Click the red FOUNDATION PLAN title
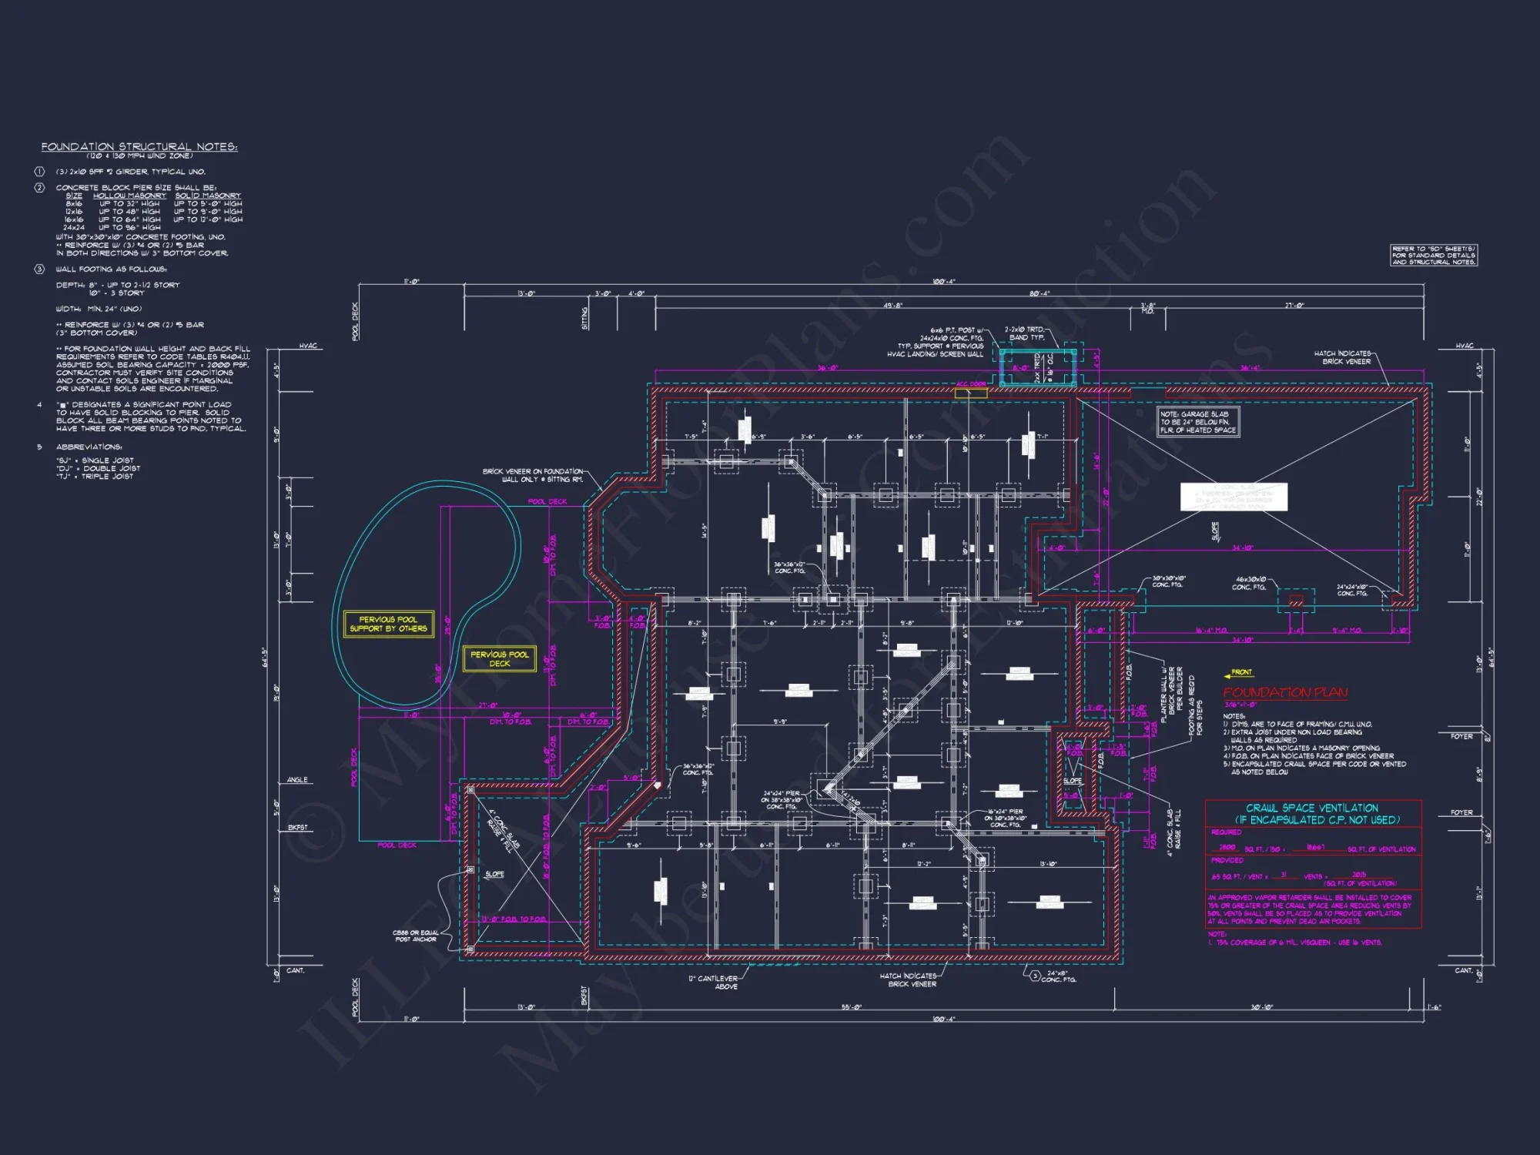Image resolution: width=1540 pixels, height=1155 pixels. (1285, 692)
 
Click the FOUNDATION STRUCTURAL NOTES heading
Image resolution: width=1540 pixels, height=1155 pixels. (139, 146)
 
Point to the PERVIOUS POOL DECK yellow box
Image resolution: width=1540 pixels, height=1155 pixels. (499, 659)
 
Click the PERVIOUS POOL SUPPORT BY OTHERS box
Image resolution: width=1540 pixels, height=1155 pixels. (388, 624)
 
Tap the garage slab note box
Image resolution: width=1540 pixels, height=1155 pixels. (1198, 422)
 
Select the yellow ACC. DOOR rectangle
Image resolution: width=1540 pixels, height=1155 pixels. (971, 393)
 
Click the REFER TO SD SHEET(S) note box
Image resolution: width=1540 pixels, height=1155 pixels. (1434, 256)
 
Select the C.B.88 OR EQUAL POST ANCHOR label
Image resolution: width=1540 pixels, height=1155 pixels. (415, 936)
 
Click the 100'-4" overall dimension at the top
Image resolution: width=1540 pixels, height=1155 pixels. (943, 282)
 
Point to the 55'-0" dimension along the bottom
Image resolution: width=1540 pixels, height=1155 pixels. (851, 1007)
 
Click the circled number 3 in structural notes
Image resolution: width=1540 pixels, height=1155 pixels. (39, 269)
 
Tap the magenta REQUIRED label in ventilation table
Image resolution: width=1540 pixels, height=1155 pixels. (1226, 832)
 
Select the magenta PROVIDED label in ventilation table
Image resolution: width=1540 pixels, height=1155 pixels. (1227, 860)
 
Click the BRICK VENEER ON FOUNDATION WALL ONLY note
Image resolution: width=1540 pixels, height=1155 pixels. (533, 475)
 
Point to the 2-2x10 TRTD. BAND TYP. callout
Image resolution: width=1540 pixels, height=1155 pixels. (1025, 333)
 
